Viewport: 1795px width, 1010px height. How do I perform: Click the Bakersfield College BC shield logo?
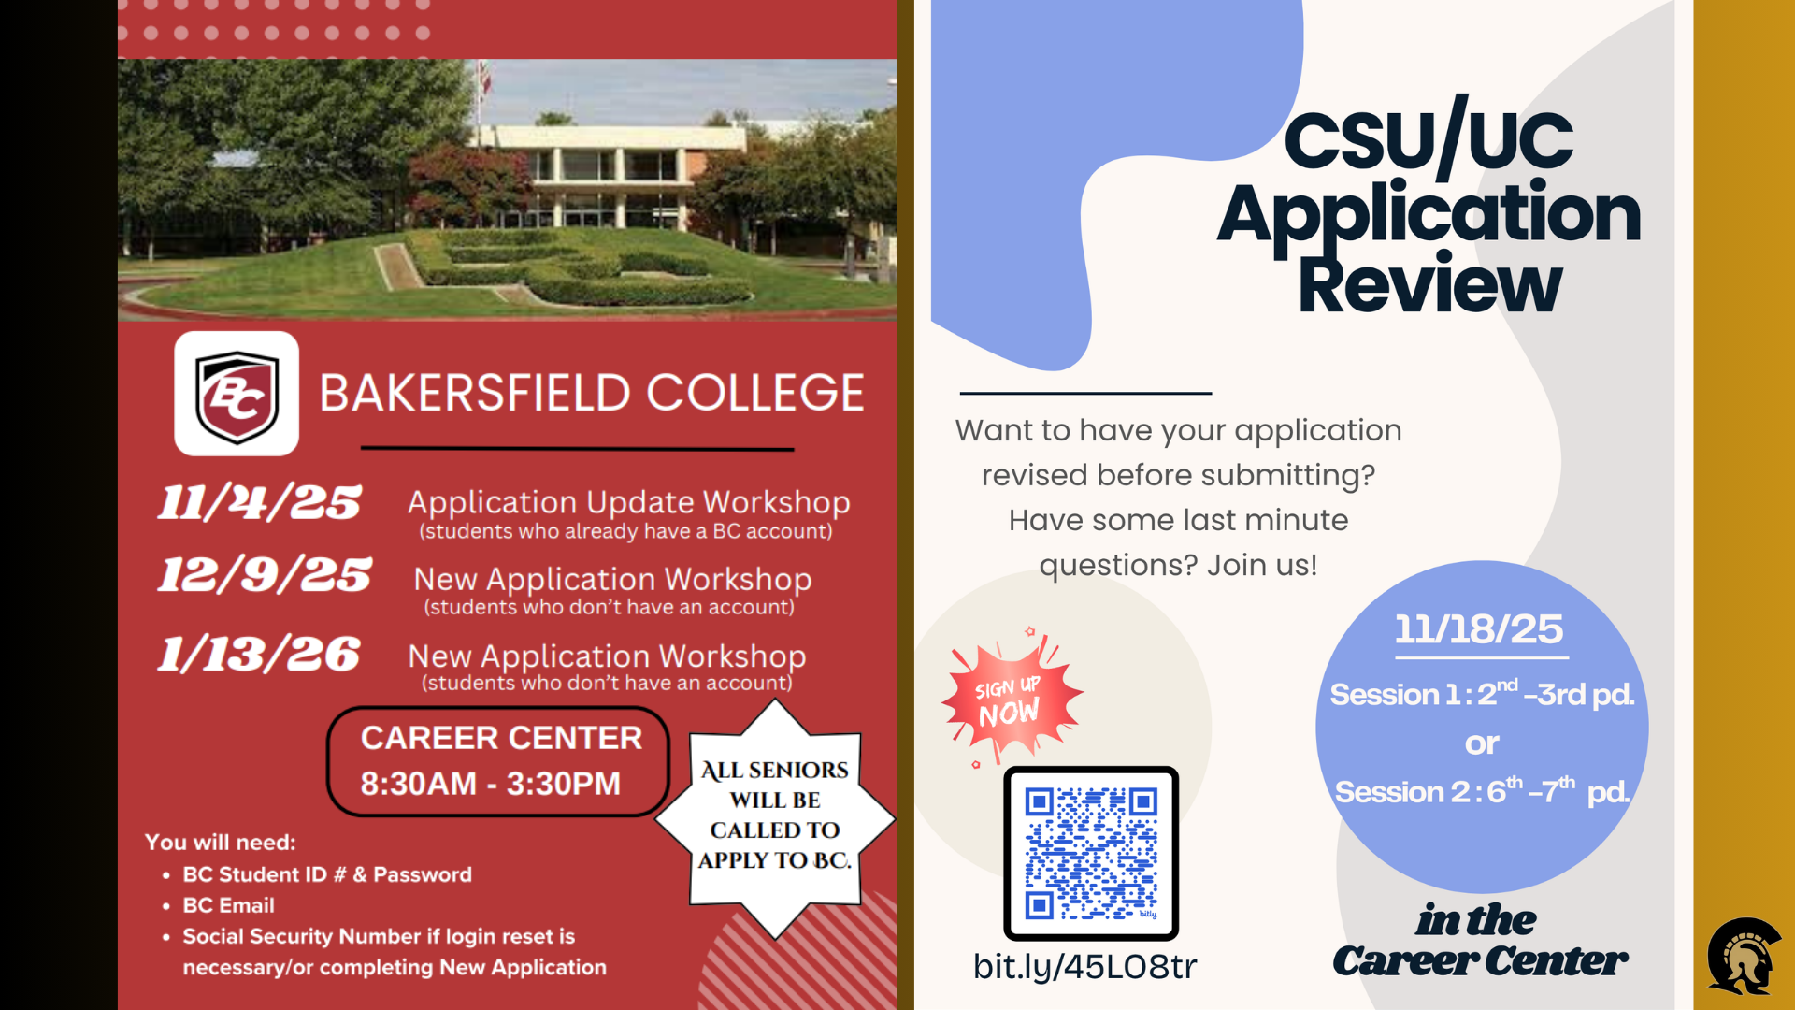(x=237, y=394)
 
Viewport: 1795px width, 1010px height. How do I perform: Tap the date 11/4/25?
(x=259, y=502)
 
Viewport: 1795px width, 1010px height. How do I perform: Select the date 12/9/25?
(x=265, y=574)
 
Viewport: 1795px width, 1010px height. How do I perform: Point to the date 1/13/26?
(x=259, y=654)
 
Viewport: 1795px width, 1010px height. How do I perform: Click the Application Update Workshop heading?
(x=628, y=502)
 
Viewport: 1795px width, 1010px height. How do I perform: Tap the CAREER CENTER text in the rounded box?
(x=501, y=738)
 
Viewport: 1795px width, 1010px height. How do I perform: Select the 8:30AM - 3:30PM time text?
(x=491, y=784)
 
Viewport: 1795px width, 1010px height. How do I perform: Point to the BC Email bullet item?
(x=228, y=905)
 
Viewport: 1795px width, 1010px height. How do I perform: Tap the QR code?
(x=1091, y=853)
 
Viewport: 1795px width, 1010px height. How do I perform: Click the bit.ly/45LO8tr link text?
(x=1084, y=966)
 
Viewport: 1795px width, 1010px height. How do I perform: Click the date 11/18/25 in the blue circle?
(x=1479, y=629)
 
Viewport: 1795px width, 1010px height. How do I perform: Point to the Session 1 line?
(x=1482, y=694)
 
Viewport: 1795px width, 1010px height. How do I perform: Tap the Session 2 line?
(x=1482, y=791)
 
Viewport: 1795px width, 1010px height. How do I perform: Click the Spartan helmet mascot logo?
(x=1745, y=955)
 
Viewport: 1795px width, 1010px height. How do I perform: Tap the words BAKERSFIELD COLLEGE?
(x=592, y=393)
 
